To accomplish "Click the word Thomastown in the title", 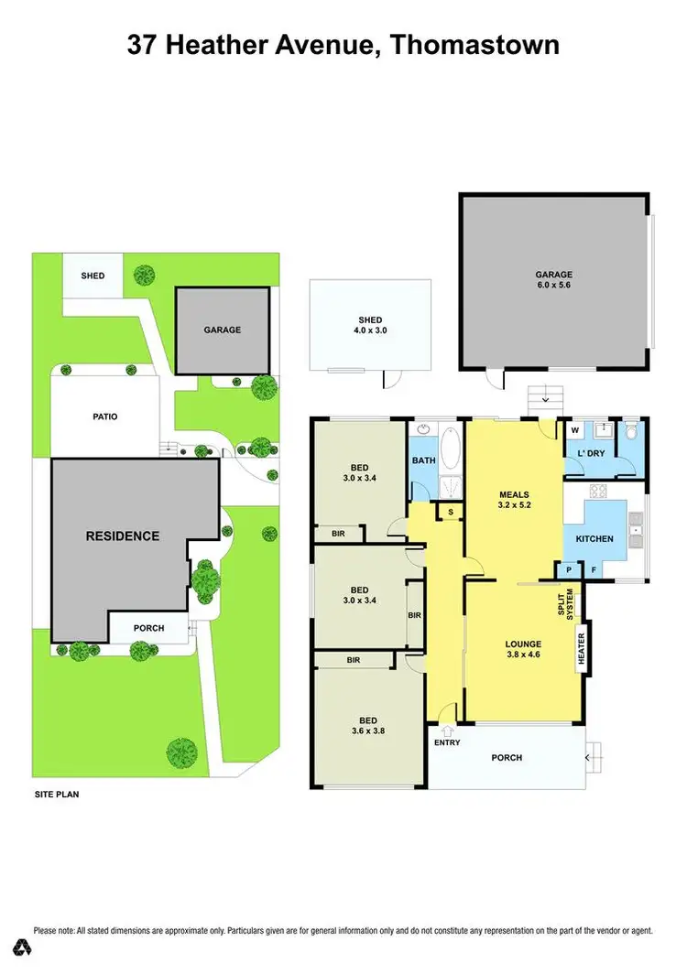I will tap(474, 44).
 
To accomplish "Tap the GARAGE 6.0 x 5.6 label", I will tap(553, 279).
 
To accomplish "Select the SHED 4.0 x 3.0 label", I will tap(370, 325).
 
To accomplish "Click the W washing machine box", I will tap(575, 429).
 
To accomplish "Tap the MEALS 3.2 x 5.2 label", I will tap(514, 500).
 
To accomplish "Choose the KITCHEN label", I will tap(594, 538).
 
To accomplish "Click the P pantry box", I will tap(569, 570).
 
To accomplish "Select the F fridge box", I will tap(593, 570).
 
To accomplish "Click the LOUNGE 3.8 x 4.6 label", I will tap(522, 649).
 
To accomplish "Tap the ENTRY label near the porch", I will tap(447, 742).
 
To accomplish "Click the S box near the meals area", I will tap(451, 512).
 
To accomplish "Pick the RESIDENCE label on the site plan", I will tap(123, 536).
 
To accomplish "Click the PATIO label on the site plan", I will tap(104, 417).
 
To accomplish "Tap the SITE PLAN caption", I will tap(56, 795).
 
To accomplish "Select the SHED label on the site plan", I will tap(93, 276).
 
